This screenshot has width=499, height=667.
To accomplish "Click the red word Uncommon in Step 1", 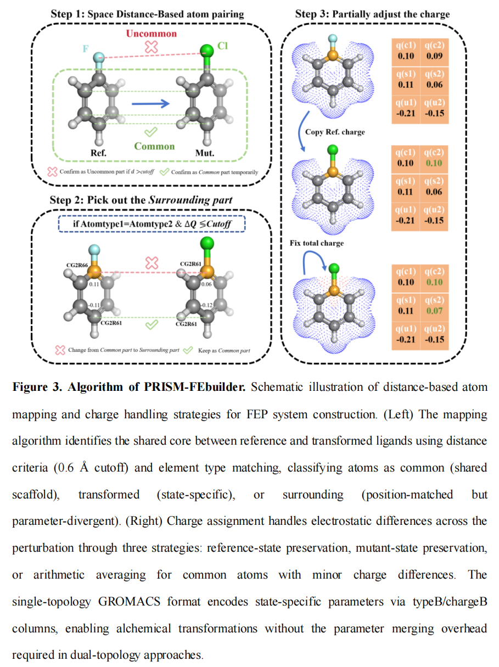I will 152,34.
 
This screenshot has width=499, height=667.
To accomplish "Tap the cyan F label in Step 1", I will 85,49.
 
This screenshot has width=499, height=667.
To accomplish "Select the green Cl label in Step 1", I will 222,46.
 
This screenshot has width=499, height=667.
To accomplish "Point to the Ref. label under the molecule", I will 99,153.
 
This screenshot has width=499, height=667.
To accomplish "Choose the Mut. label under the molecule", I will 205,153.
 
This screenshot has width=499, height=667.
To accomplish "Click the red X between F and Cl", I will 151,48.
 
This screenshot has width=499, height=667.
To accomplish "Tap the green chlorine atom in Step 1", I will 206,53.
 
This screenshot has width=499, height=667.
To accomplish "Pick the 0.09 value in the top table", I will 434,56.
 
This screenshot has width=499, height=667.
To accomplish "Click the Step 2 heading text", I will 141,200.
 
